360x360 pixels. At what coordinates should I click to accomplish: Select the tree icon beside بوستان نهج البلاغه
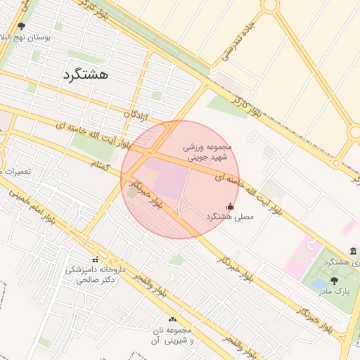click(x=21, y=26)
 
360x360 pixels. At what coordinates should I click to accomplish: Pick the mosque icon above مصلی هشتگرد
click(x=230, y=206)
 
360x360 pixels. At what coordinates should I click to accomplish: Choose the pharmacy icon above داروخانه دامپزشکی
click(x=95, y=260)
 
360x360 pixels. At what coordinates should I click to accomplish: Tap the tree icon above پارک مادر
click(x=333, y=280)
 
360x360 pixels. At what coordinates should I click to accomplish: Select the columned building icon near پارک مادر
click(x=353, y=251)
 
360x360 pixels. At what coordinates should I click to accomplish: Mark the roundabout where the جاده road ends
click(x=269, y=6)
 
